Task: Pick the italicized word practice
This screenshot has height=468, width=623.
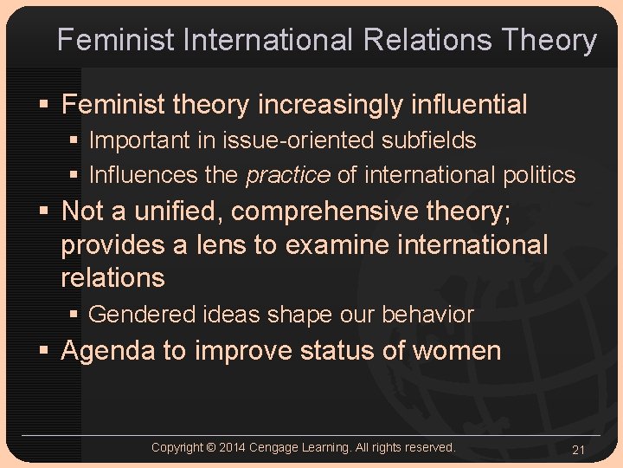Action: (288, 175)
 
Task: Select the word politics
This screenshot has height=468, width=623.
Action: (539, 175)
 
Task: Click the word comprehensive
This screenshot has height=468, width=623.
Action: (332, 211)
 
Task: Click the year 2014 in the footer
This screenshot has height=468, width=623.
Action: (234, 447)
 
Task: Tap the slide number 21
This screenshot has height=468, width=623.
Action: (579, 449)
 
